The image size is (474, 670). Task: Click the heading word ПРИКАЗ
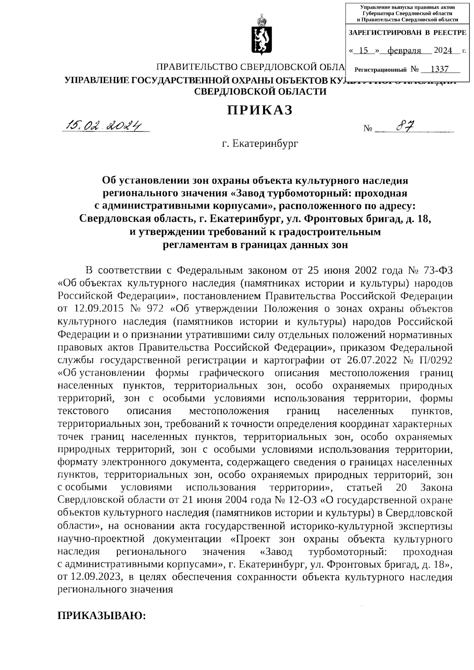[x=260, y=110]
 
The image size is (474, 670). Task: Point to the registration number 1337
[x=439, y=70]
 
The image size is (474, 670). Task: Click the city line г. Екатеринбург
[x=260, y=143]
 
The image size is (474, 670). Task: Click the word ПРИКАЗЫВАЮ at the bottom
[x=102, y=616]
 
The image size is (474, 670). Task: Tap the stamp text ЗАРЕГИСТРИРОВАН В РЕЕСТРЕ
[x=407, y=33]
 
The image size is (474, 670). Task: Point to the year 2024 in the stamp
[x=444, y=51]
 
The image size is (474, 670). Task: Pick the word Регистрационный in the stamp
[x=381, y=70]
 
